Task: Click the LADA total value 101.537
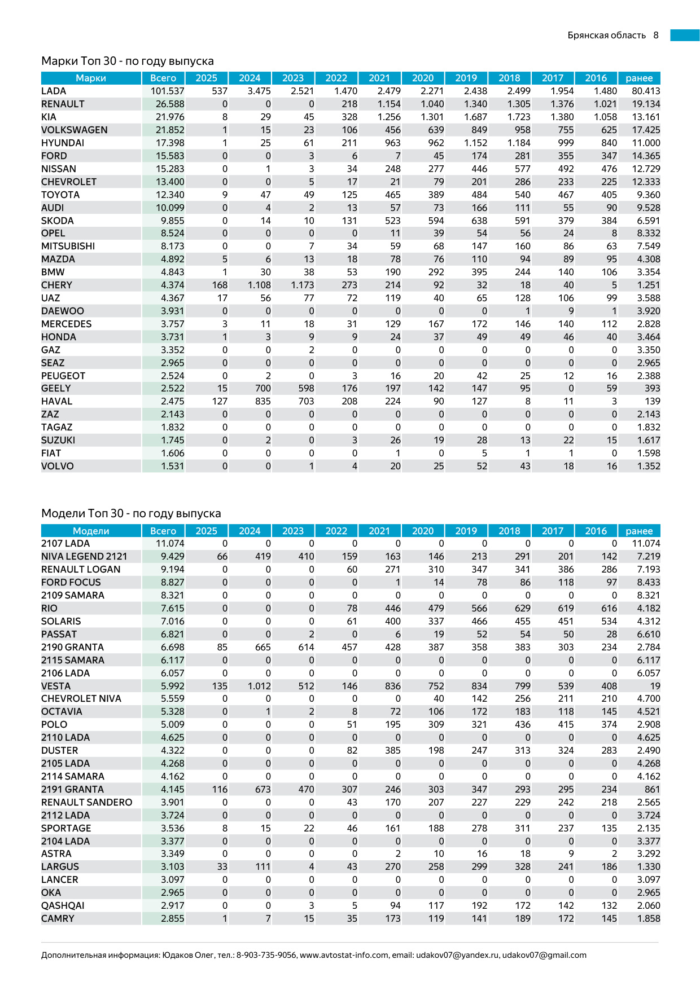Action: point(167,91)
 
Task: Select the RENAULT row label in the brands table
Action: point(63,104)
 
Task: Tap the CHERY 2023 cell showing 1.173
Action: point(303,285)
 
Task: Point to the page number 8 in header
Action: point(656,36)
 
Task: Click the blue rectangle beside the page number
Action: point(684,36)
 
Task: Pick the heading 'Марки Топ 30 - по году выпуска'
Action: point(128,61)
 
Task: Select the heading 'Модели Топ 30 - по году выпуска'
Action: point(131,513)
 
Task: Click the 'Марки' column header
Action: point(91,78)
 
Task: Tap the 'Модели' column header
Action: point(91,531)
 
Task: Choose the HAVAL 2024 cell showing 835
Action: point(262,402)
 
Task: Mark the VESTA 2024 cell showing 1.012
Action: point(259,687)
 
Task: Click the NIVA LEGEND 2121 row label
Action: point(84,557)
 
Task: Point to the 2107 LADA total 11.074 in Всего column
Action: point(170,544)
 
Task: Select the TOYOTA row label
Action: point(60,195)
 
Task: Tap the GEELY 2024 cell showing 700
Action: point(262,389)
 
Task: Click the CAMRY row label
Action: point(58,919)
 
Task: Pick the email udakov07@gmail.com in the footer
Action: point(544,956)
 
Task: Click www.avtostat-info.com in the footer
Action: point(344,956)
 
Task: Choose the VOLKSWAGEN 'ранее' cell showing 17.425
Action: point(646,130)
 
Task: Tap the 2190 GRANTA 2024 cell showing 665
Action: point(262,648)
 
